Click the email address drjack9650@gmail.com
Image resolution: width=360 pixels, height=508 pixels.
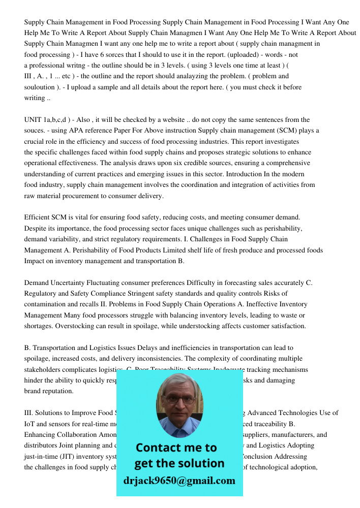pyautogui.click(x=179, y=481)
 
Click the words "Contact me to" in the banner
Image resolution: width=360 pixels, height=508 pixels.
pyautogui.click(x=176, y=448)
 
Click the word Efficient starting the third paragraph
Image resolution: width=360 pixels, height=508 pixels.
pyautogui.click(x=37, y=217)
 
